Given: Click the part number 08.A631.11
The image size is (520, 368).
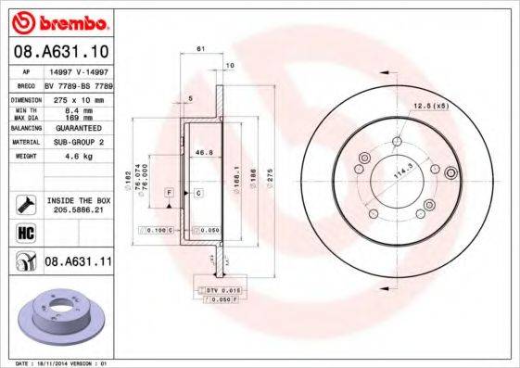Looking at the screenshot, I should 79,262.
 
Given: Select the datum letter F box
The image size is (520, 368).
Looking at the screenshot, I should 171,191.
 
